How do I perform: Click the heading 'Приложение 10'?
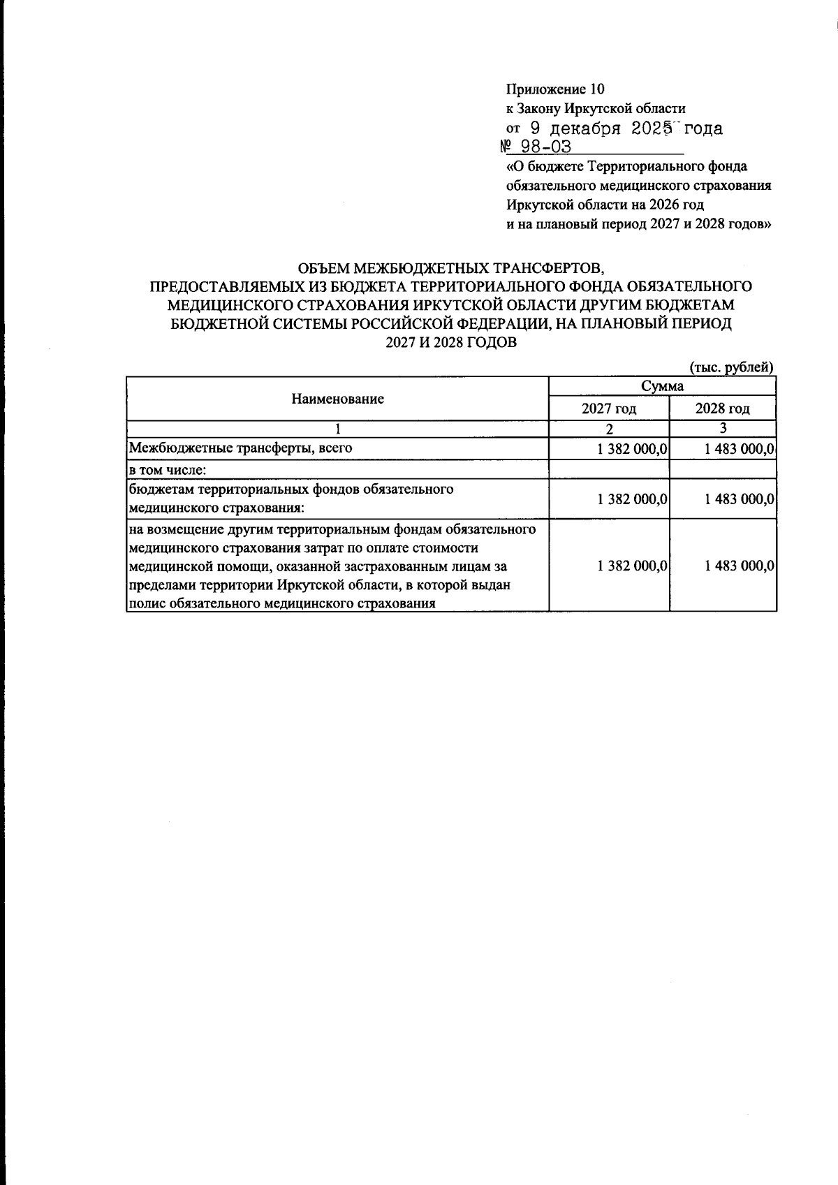pos(554,89)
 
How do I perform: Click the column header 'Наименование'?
pos(337,399)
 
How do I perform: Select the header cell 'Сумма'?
pos(662,386)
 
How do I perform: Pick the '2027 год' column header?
pos(609,409)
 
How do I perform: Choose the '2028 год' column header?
pos(722,409)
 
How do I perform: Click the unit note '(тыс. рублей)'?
pos(731,367)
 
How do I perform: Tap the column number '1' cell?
pos(337,429)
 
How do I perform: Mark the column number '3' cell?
pos(722,429)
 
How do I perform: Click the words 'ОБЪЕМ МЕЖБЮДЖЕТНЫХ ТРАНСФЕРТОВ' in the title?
pos(450,269)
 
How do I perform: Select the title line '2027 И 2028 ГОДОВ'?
pos(450,344)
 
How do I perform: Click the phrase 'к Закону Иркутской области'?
pos(596,109)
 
